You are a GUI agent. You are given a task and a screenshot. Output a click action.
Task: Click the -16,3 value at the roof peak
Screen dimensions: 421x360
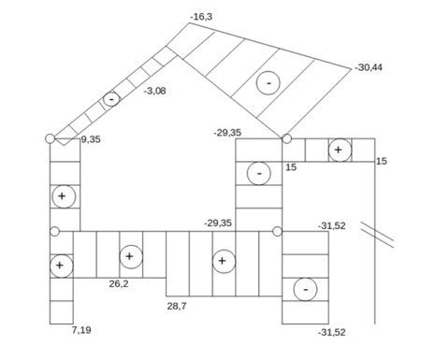(x=201, y=17)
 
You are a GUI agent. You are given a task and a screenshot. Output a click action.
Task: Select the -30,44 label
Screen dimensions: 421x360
(x=369, y=67)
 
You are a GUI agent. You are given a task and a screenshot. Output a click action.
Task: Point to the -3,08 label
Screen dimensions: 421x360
(x=154, y=91)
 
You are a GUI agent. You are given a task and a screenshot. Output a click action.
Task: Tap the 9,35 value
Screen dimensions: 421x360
(x=91, y=139)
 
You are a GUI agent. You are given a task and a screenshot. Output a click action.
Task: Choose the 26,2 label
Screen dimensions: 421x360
(x=119, y=283)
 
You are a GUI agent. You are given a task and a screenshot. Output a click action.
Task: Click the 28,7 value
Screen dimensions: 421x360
(x=177, y=306)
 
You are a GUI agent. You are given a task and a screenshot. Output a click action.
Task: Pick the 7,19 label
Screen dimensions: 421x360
(x=81, y=330)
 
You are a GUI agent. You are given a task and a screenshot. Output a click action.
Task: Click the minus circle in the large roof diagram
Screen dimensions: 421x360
(x=269, y=83)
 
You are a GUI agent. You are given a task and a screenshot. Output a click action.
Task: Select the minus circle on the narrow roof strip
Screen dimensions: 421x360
(x=111, y=99)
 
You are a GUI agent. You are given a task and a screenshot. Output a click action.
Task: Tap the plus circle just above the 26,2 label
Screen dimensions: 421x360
(x=131, y=257)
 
